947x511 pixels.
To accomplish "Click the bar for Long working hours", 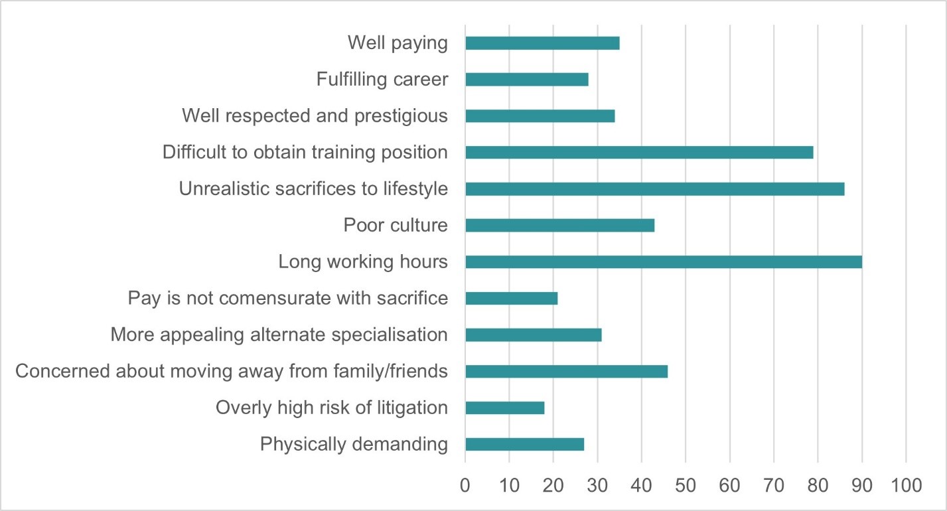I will [664, 262].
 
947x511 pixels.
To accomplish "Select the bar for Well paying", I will [542, 43].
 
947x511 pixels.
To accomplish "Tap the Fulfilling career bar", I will [527, 80].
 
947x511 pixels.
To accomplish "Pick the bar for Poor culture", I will [560, 226].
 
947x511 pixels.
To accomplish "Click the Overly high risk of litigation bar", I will [505, 408].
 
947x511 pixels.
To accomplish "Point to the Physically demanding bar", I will [525, 445].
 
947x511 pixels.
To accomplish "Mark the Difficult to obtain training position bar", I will [639, 153].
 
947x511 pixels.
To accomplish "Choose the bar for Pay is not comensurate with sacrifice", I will [512, 299].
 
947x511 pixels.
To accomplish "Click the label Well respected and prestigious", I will [315, 116].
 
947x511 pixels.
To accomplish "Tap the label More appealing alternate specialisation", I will [279, 334].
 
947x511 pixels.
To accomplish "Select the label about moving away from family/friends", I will [232, 371].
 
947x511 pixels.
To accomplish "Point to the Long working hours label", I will [363, 262].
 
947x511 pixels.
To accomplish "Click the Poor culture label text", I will [396, 226].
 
